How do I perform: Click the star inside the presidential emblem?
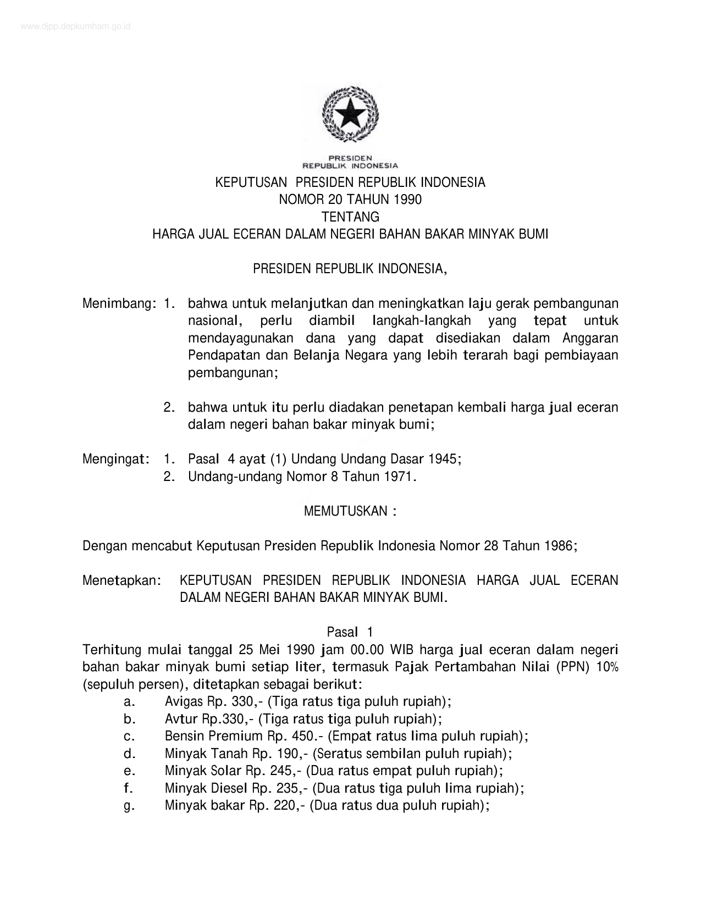(x=350, y=116)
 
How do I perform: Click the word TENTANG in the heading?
(x=350, y=217)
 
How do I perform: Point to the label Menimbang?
(x=117, y=303)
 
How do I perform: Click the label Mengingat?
(x=117, y=458)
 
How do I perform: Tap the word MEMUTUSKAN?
(x=346, y=511)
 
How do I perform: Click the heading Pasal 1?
(x=350, y=632)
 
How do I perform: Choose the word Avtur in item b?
(x=181, y=719)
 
